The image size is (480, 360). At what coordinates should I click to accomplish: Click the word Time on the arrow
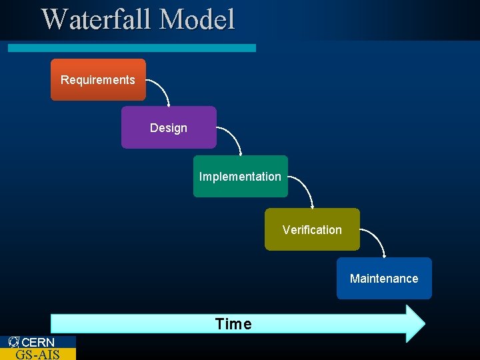coord(233,324)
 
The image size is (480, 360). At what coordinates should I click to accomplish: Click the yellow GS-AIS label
coord(37,354)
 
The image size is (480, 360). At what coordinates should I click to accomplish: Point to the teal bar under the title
coord(131,48)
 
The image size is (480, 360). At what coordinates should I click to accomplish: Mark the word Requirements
coord(98,80)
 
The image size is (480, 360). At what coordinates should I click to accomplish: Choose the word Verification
coord(311,230)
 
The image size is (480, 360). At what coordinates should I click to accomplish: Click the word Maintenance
coord(384,279)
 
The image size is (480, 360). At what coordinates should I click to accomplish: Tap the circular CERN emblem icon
coord(14,342)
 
